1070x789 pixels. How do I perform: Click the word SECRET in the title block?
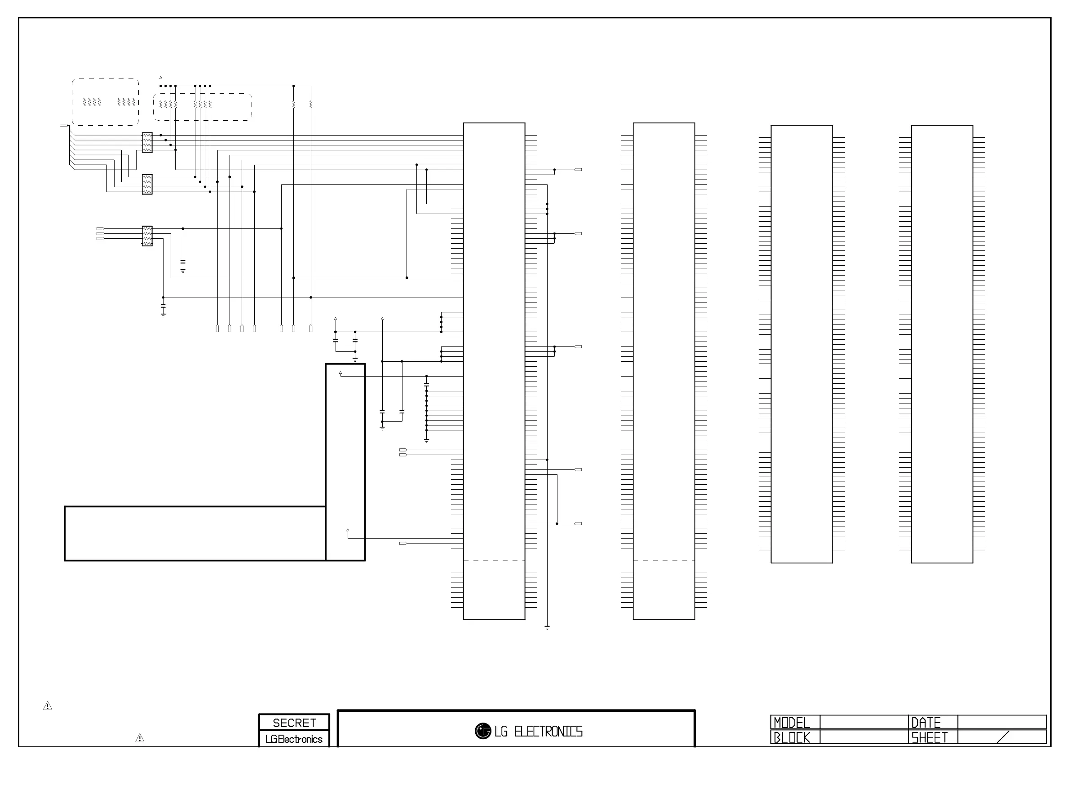294,723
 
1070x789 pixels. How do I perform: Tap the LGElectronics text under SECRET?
294,739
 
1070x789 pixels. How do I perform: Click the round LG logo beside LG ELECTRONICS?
483,731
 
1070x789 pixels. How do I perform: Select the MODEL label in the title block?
792,723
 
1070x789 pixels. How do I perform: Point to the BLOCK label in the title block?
792,737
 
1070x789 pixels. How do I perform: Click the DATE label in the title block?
926,723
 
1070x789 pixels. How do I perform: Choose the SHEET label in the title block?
929,737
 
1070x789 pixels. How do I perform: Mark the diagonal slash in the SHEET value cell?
1003,737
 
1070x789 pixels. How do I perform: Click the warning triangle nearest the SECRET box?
140,738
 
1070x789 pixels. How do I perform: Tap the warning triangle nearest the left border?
48,706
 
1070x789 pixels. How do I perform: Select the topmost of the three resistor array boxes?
147,142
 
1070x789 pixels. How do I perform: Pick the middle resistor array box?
147,184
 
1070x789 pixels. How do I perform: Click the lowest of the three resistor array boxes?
147,236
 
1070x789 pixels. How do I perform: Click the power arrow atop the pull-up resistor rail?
160,77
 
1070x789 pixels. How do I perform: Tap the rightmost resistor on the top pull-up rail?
311,104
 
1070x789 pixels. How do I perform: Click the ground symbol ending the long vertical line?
547,627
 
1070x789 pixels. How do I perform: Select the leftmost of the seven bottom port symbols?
217,329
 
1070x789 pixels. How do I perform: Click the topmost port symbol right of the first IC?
578,170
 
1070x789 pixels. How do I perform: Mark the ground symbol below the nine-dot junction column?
426,440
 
